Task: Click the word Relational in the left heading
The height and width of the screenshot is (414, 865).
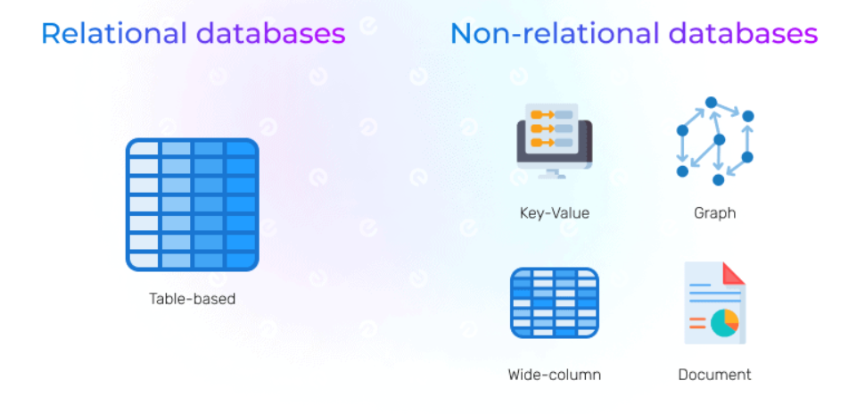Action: [113, 34]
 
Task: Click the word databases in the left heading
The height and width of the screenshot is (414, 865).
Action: [270, 34]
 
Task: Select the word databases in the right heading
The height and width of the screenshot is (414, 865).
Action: [743, 34]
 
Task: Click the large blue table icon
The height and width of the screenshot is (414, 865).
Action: [192, 204]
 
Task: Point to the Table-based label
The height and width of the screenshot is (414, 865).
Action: [192, 299]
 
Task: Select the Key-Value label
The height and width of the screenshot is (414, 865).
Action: [554, 213]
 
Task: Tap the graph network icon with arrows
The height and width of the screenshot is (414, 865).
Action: [715, 141]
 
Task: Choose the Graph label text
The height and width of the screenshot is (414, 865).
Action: [714, 213]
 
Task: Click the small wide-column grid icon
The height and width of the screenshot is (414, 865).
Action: [554, 303]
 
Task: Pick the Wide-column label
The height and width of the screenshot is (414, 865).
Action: [554, 375]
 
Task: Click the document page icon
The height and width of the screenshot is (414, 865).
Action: [714, 303]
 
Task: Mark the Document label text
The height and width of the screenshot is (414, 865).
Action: [714, 375]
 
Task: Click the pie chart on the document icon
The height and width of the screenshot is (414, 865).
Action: [724, 322]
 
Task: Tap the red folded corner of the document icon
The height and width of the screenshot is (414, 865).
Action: [733, 272]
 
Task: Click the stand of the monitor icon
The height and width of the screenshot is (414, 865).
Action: [554, 171]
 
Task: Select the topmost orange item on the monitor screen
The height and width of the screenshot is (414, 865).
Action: [540, 114]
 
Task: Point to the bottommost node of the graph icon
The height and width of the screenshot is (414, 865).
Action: [719, 180]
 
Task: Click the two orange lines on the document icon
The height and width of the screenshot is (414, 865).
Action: [697, 322]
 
